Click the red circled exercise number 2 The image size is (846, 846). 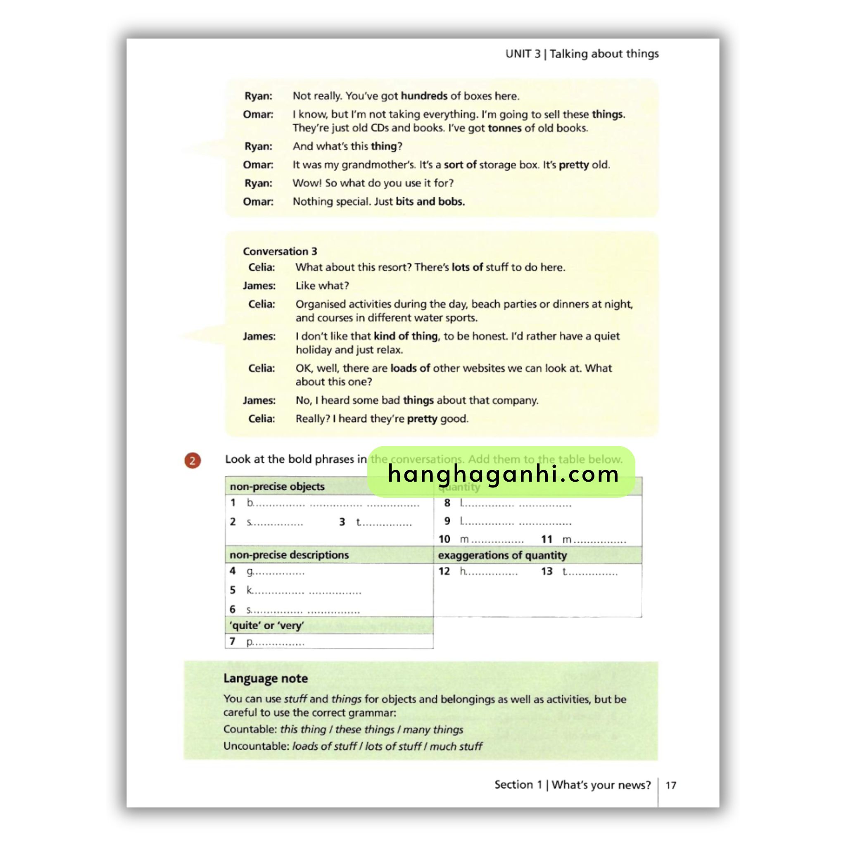click(x=192, y=461)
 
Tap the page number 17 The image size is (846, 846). click(x=670, y=786)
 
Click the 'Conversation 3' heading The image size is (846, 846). click(x=280, y=251)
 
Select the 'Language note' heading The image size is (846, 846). click(x=265, y=678)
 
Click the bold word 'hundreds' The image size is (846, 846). click(x=424, y=96)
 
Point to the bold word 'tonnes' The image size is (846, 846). click(x=504, y=128)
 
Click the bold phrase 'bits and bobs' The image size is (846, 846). click(x=430, y=202)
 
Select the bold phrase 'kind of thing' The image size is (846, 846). click(x=406, y=336)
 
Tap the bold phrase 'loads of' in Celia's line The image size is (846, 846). click(x=410, y=368)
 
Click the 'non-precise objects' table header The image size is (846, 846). click(x=277, y=487)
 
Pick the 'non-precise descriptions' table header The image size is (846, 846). click(x=289, y=555)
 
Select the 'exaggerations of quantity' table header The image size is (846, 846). click(x=502, y=555)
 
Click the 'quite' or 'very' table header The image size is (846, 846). click(x=267, y=625)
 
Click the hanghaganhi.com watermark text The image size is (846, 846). click(x=503, y=474)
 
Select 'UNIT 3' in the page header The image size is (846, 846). click(x=523, y=54)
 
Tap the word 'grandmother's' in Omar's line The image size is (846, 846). click(x=378, y=165)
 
